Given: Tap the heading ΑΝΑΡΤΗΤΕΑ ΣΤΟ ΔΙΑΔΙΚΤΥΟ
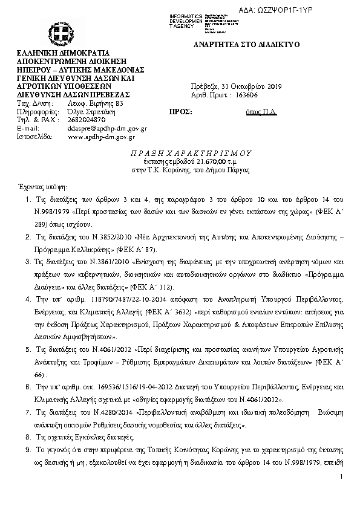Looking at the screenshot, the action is pyautogui.click(x=246, y=46).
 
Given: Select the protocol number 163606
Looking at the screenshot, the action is pyautogui.click(x=245, y=95).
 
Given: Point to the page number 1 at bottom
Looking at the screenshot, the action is pyautogui.click(x=341, y=478).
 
